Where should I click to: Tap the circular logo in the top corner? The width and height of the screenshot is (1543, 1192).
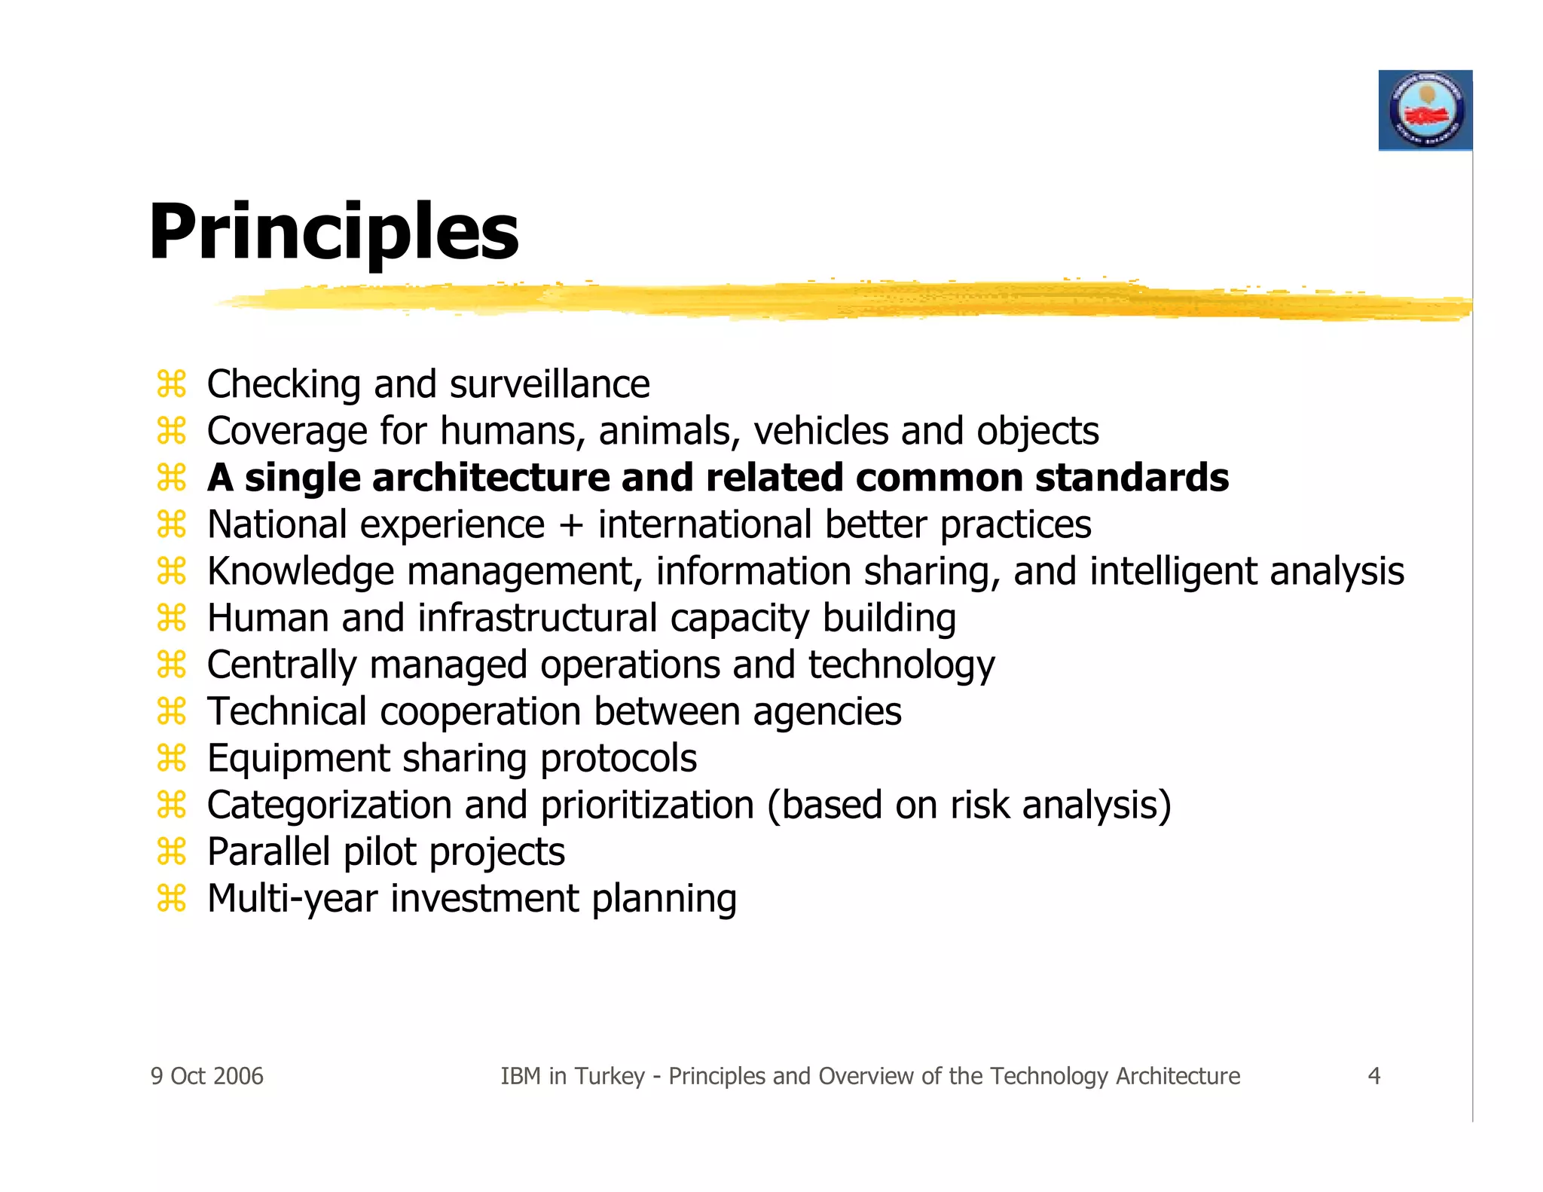(x=1425, y=111)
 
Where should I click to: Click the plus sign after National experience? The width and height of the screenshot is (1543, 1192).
(x=571, y=525)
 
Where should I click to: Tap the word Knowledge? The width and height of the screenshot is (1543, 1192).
(x=300, y=572)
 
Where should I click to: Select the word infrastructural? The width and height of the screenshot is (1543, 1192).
(x=538, y=618)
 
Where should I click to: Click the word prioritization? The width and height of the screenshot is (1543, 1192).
(x=647, y=805)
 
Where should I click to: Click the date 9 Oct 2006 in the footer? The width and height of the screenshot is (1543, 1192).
(x=207, y=1076)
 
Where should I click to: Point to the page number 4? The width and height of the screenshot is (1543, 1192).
(x=1373, y=1076)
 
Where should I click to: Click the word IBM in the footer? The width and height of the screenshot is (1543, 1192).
(x=521, y=1076)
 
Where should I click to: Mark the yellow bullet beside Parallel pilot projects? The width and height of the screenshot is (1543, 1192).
(x=172, y=851)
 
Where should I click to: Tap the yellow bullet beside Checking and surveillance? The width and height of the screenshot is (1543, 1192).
(x=172, y=384)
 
